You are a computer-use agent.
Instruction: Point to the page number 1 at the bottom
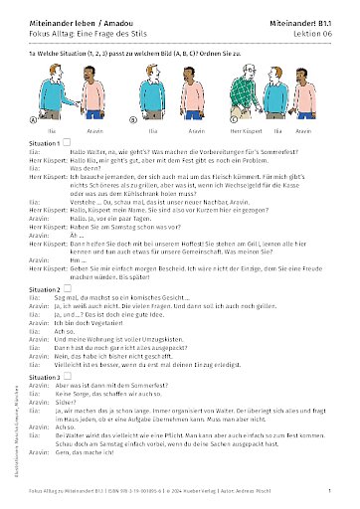pyautogui.click(x=328, y=491)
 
